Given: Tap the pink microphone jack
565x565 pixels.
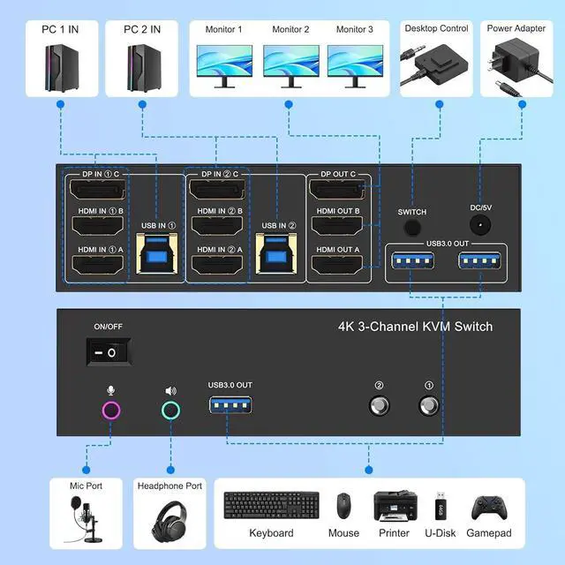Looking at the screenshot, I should (111, 410).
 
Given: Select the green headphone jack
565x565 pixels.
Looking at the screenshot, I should (171, 410).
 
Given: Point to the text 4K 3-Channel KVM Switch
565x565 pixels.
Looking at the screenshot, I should (414, 327).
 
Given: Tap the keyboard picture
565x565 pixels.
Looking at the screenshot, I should (271, 507).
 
